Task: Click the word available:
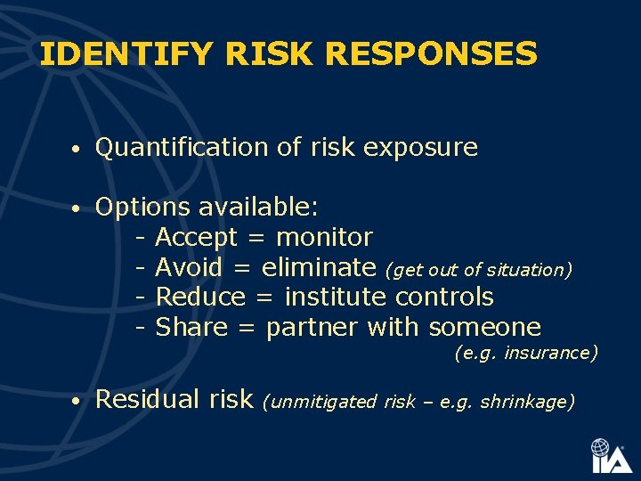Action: (258, 208)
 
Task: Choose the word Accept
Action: (196, 238)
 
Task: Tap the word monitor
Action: (324, 238)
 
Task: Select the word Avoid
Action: (189, 267)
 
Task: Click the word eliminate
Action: (319, 267)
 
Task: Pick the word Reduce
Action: (200, 297)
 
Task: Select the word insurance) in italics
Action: (551, 354)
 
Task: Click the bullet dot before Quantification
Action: (78, 149)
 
